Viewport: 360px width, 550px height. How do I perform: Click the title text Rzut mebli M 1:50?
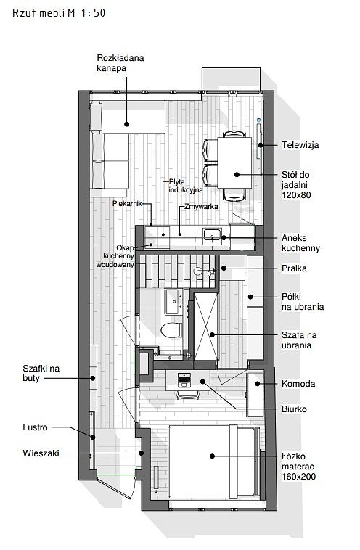point(59,13)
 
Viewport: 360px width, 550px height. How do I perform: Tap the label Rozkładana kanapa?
point(120,63)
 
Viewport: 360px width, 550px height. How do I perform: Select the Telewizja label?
point(300,145)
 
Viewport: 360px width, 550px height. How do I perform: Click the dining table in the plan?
point(234,163)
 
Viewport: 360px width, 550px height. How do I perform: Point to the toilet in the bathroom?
point(171,330)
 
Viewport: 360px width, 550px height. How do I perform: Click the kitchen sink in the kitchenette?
point(212,234)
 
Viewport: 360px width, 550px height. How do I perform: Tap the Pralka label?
point(294,268)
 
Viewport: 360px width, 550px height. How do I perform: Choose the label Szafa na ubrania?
point(299,340)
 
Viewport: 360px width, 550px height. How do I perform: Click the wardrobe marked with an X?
point(206,327)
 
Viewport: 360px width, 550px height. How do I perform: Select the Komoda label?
point(298,384)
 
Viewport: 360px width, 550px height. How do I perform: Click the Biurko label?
point(294,409)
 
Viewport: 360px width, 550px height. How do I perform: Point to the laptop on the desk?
point(183,380)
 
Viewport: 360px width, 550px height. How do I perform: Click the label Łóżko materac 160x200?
point(298,467)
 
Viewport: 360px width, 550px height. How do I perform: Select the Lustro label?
point(35,427)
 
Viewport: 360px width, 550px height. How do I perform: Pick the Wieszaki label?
point(41,453)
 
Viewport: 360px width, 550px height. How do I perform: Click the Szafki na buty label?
point(41,373)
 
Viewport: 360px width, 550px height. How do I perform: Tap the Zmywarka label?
point(201,207)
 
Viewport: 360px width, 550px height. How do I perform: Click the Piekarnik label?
point(127,203)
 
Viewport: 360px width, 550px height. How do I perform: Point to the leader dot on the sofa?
point(127,124)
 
